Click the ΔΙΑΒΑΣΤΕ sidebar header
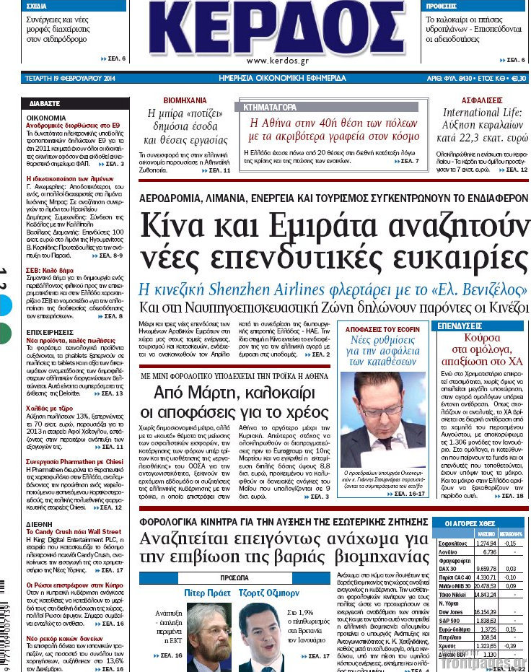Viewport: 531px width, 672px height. point(45,103)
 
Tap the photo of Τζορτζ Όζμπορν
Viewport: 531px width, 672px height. point(260,636)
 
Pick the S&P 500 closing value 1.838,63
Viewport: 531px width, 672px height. point(487,620)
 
